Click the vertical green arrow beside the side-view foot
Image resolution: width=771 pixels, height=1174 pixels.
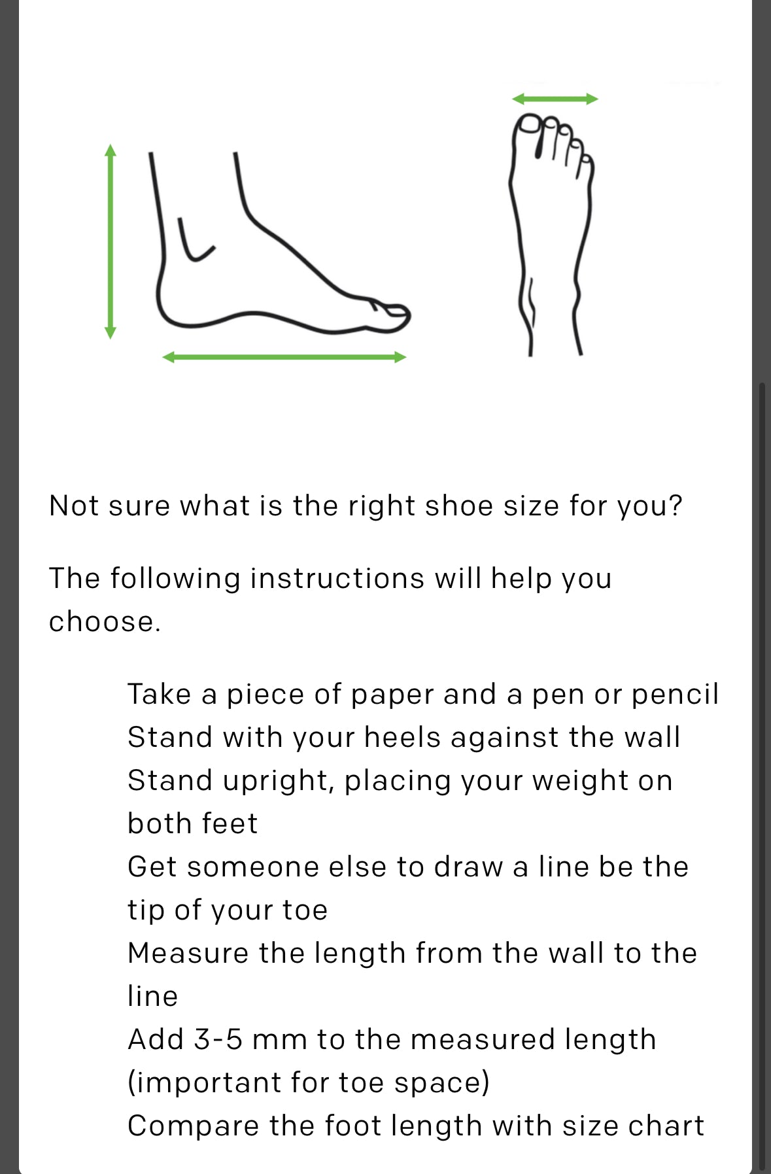[111, 241]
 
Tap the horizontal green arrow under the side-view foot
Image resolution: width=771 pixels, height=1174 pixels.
[284, 357]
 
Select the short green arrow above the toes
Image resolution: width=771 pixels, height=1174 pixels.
[555, 99]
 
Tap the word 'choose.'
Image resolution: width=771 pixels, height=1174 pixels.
[105, 621]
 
